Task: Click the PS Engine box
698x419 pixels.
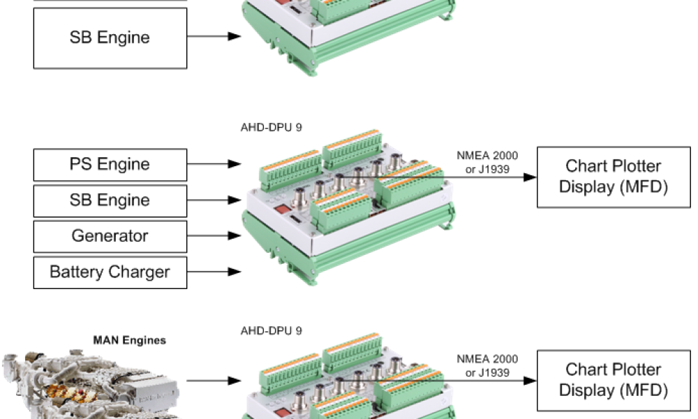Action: click(110, 165)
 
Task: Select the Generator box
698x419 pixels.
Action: click(110, 236)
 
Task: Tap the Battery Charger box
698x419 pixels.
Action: click(110, 272)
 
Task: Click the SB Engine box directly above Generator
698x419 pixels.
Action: click(110, 200)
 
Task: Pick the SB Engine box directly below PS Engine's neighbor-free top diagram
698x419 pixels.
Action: click(110, 38)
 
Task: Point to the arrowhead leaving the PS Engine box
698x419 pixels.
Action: click(235, 165)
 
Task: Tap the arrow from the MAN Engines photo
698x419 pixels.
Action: click(214, 381)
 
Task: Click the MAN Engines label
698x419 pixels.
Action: click(130, 341)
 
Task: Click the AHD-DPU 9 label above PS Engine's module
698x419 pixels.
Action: click(271, 128)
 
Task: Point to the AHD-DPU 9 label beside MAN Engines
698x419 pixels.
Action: click(271, 330)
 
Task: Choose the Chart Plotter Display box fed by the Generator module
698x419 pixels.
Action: click(613, 177)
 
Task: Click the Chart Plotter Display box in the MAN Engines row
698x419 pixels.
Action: click(613, 380)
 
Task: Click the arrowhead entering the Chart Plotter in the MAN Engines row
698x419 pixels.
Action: click(530, 381)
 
